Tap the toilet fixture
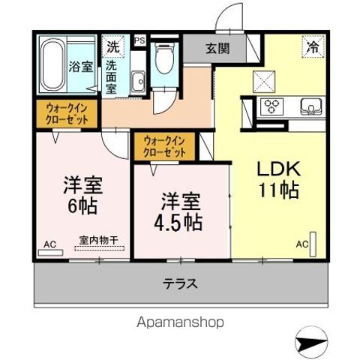click(x=162, y=58)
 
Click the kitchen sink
click(x=309, y=106)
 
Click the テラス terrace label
click(x=181, y=284)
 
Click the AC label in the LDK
click(x=301, y=244)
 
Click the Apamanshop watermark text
click(x=180, y=322)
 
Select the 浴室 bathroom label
click(x=81, y=67)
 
